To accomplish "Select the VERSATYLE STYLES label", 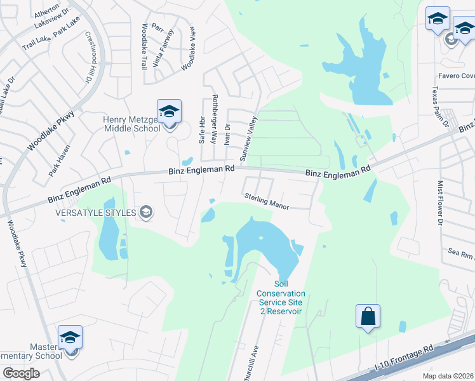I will (x=97, y=212).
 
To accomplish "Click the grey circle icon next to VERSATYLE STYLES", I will (x=146, y=211).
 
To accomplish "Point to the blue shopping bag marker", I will (x=368, y=316).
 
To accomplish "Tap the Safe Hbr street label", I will (x=202, y=130).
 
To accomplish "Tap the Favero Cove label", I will (x=455, y=76).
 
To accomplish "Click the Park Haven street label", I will (x=59, y=163).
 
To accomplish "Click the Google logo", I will (x=21, y=373).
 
